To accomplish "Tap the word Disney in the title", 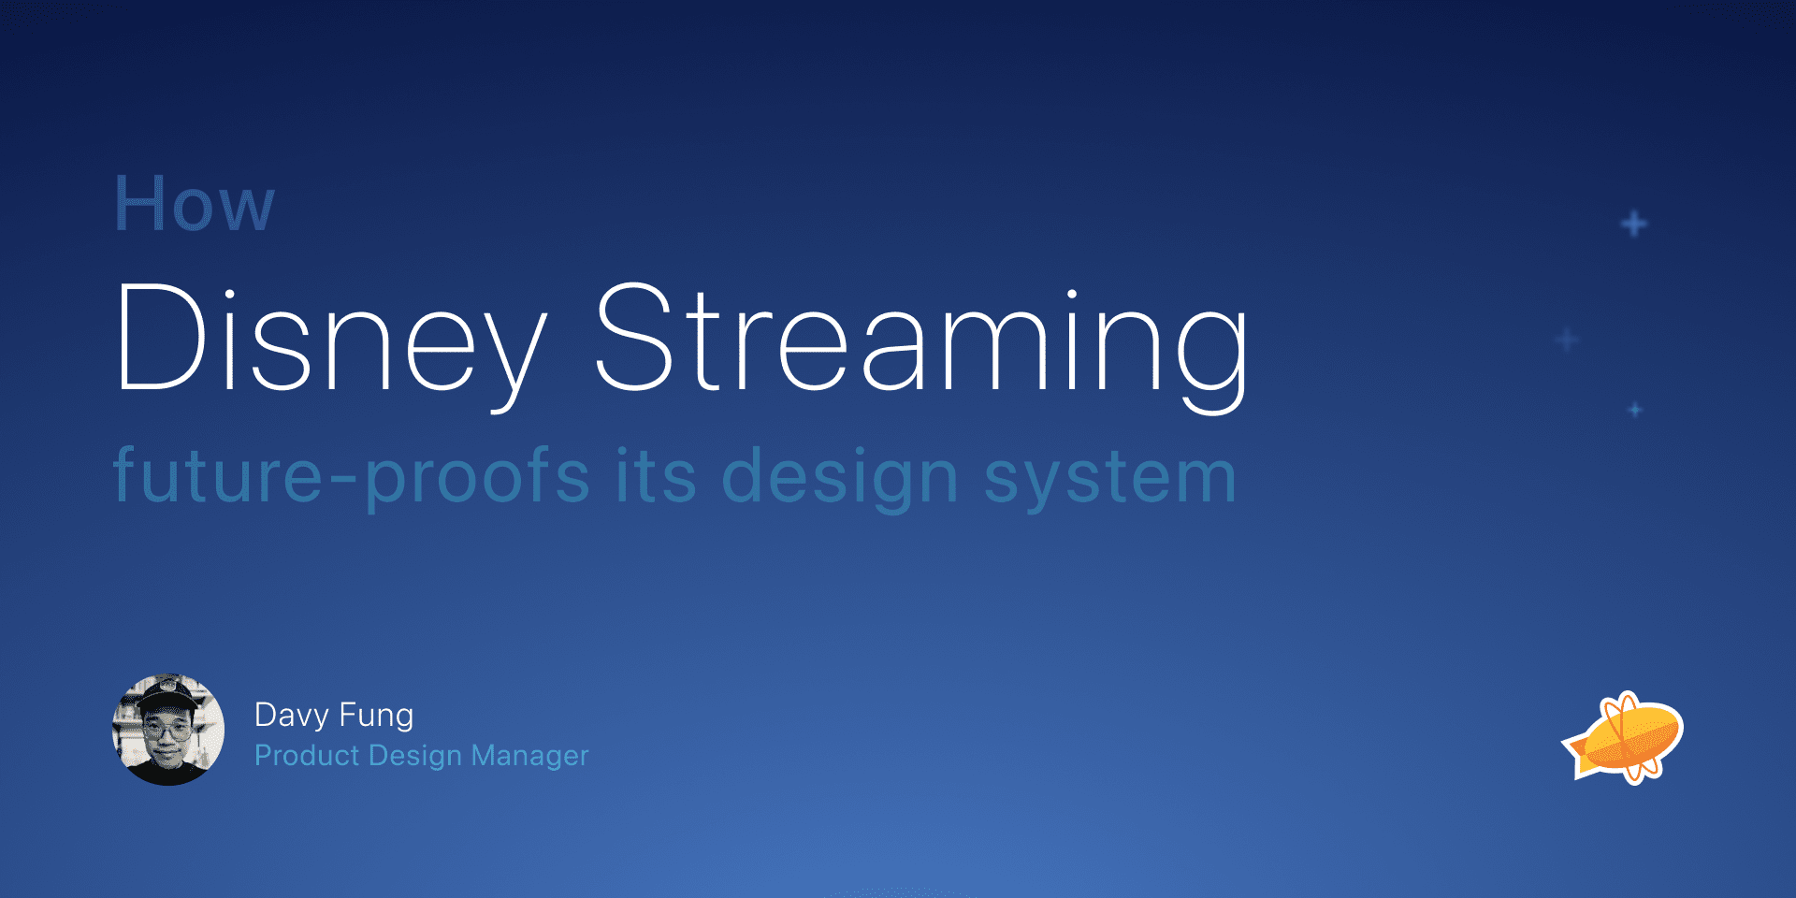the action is click(x=330, y=346).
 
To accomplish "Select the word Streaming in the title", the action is click(x=921, y=346).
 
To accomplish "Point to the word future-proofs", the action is click(x=351, y=477).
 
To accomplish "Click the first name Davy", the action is click(x=292, y=717).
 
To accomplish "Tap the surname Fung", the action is click(x=376, y=717).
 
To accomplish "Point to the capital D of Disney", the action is click(x=161, y=336).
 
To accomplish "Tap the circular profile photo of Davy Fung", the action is click(x=168, y=730).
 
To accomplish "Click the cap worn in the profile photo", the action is click(x=167, y=696).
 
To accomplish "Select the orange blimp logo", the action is click(x=1623, y=738).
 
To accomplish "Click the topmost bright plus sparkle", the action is click(x=1634, y=224).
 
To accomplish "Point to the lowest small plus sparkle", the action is click(x=1635, y=410).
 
